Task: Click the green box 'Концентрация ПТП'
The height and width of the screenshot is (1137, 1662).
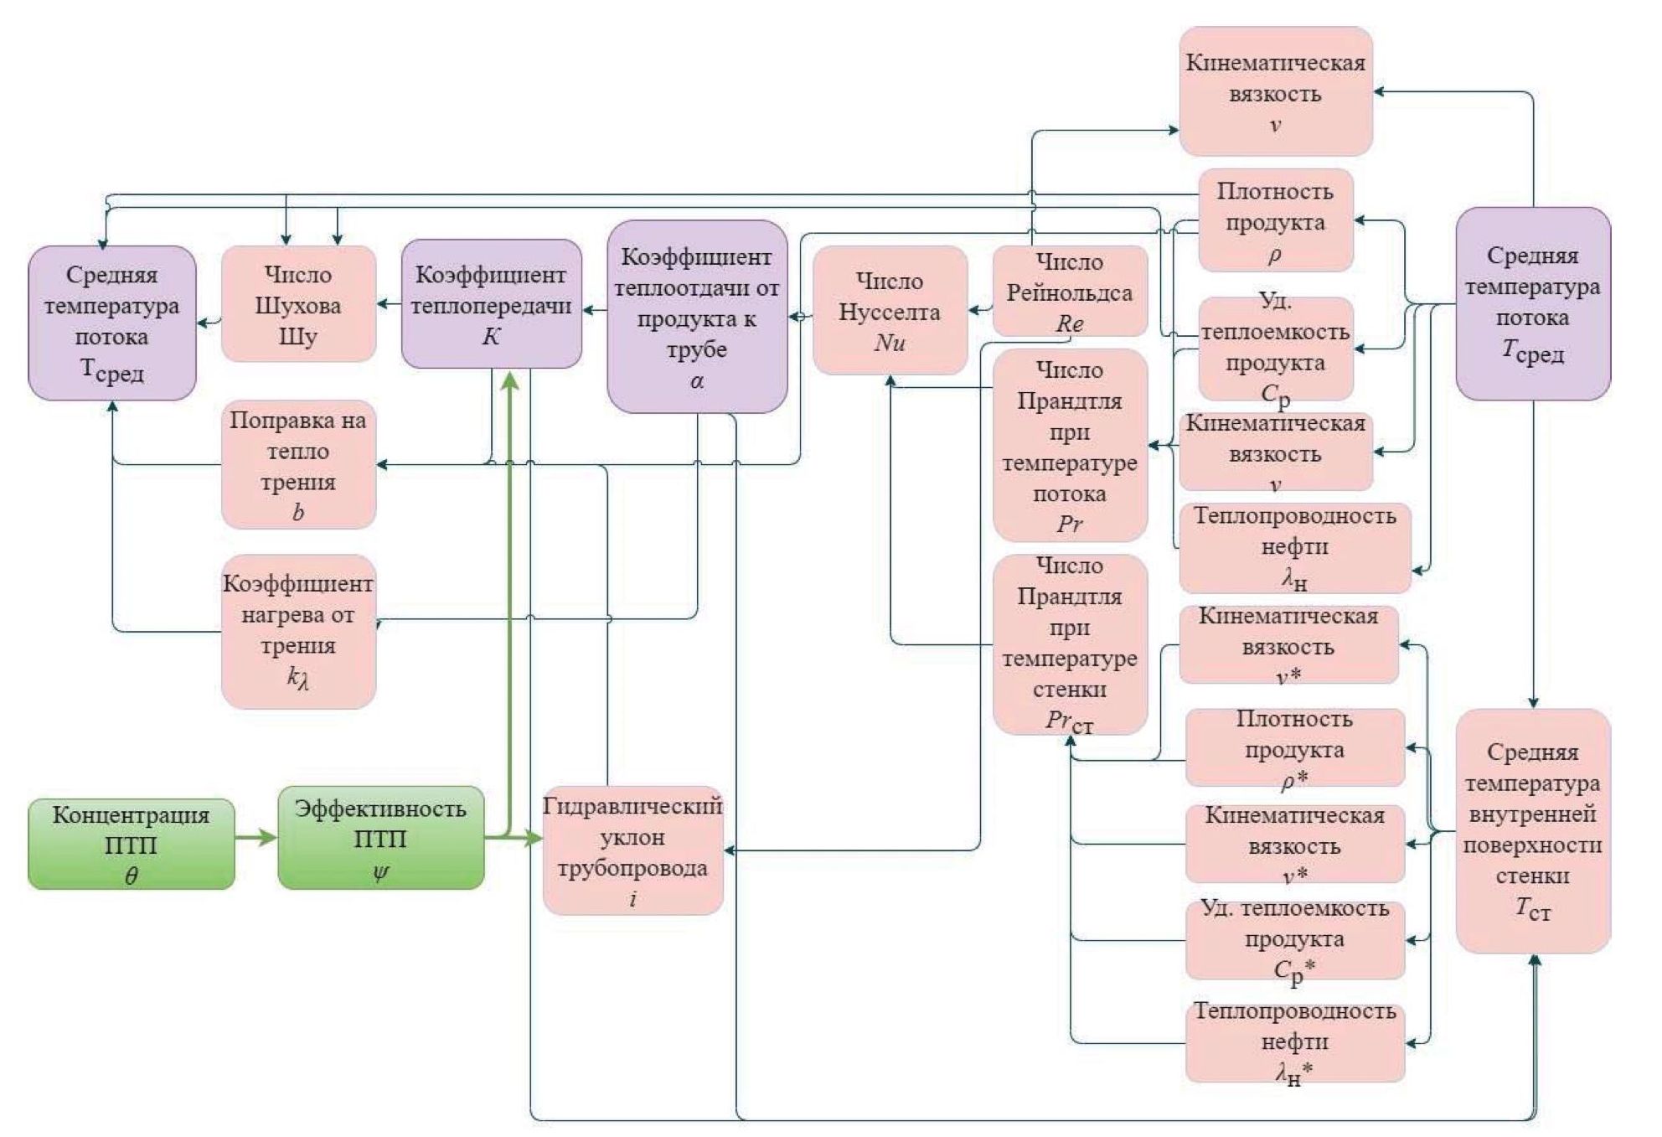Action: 131,844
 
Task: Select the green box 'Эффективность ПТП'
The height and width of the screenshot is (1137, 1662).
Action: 380,838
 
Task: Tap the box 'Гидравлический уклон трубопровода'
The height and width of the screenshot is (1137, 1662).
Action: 632,850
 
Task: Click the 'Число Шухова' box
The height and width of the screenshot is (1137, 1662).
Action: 298,304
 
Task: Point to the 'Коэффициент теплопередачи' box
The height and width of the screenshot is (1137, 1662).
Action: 492,303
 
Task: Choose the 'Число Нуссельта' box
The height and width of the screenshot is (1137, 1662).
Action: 890,310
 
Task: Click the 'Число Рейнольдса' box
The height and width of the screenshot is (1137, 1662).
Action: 1070,292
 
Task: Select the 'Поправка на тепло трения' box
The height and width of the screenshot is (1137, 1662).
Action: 298,464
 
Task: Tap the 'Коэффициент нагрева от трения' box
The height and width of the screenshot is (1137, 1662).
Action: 298,631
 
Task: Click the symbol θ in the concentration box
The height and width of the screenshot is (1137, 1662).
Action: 131,876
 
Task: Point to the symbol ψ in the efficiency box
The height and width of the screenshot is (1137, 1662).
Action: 380,872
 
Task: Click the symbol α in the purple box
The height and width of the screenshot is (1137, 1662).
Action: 697,381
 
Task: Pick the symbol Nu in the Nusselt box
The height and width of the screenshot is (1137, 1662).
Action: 890,343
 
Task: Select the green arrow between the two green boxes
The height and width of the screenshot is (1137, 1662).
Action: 255,837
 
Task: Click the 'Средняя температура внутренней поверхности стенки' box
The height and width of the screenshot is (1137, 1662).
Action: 1532,830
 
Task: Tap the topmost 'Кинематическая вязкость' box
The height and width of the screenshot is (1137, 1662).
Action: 1275,91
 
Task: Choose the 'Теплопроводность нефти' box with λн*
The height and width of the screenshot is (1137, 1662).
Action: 1294,1042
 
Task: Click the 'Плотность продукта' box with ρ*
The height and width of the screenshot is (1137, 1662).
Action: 1294,748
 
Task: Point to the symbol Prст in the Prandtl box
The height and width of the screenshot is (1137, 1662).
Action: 1069,721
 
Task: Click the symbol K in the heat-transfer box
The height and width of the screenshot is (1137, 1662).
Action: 492,337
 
